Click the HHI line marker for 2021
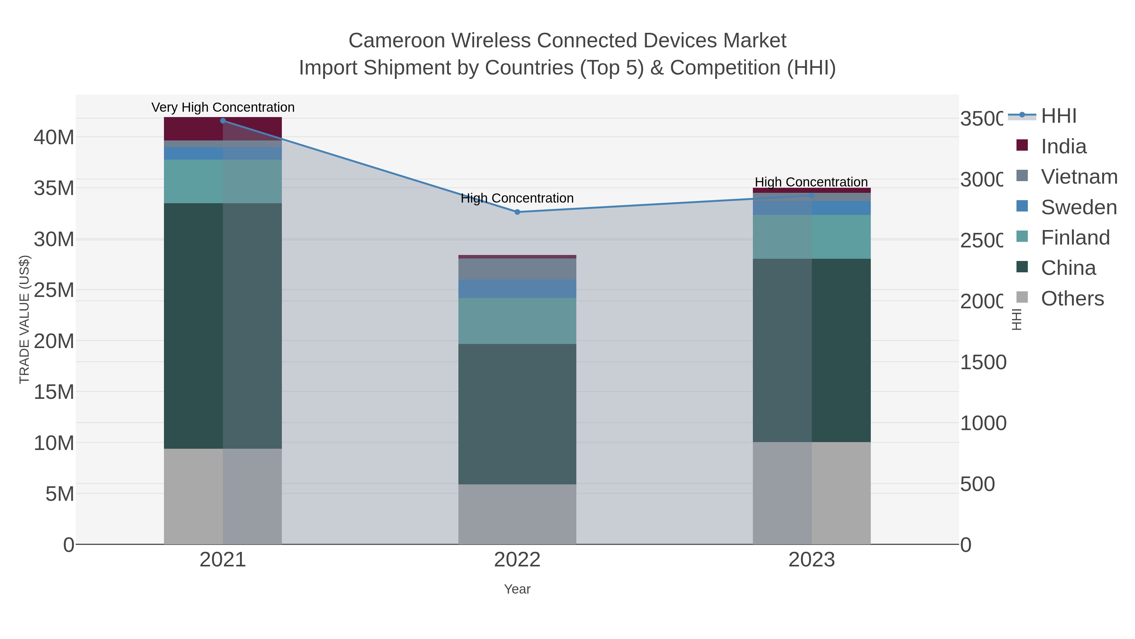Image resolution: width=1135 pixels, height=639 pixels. [223, 121]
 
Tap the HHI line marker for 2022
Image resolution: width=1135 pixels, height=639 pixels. [517, 212]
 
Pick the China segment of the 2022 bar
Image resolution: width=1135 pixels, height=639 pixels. [517, 414]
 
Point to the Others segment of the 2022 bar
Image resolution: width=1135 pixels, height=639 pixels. [517, 514]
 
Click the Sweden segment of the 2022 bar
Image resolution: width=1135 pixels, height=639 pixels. [517, 289]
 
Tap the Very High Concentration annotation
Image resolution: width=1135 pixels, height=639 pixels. [223, 108]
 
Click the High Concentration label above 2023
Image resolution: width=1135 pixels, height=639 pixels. [811, 182]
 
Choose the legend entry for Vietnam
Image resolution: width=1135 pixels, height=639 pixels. [1079, 177]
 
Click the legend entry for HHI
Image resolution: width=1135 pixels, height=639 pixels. [1058, 116]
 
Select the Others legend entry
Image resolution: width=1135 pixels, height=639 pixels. [1072, 299]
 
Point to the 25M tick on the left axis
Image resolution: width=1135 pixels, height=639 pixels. [54, 290]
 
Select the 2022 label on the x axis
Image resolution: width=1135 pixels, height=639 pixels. [517, 560]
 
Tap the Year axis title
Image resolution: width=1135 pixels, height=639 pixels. [517, 589]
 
